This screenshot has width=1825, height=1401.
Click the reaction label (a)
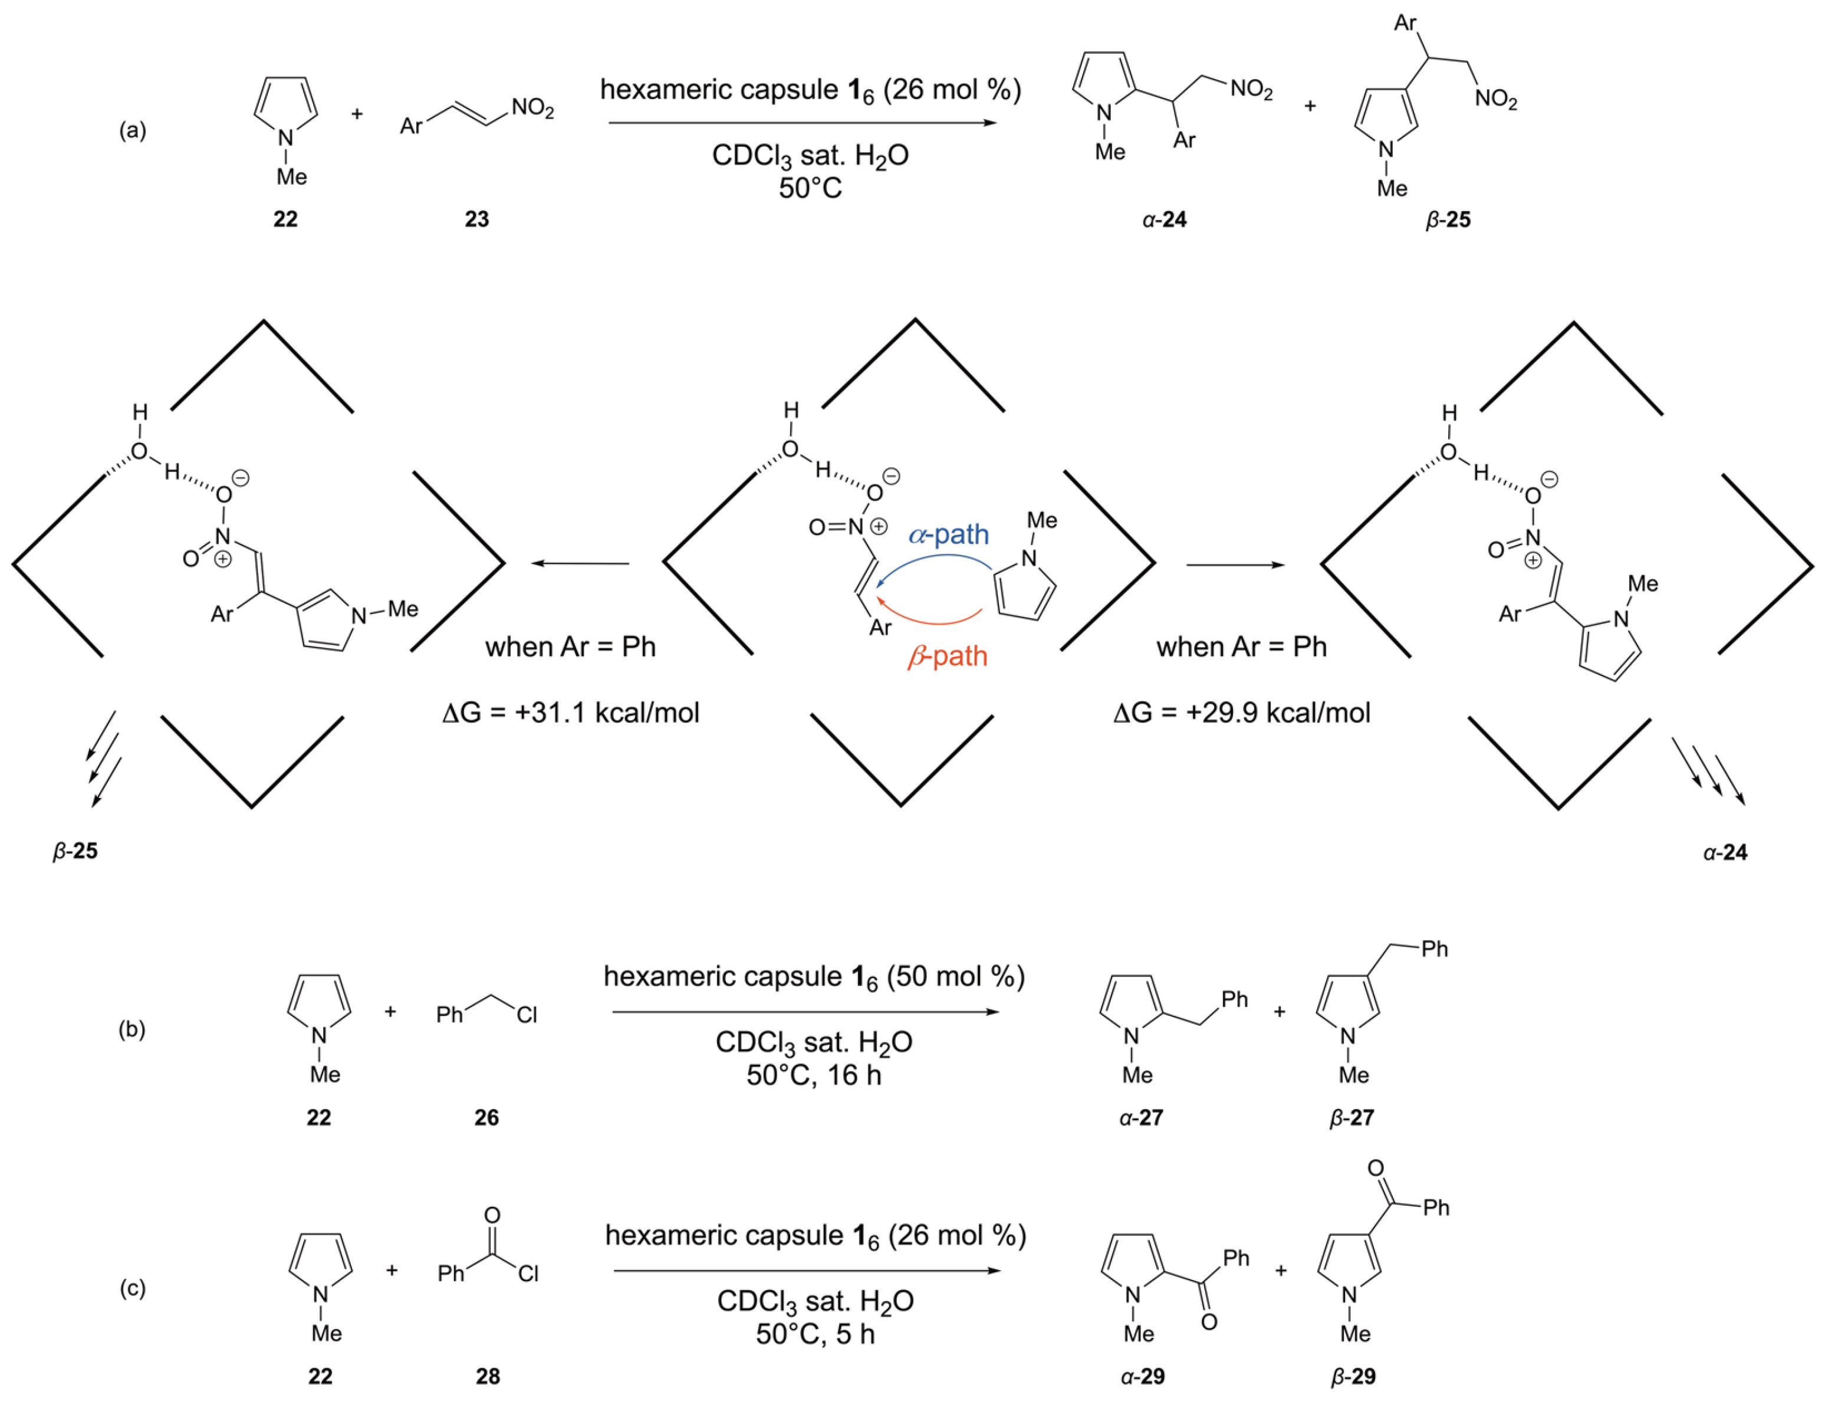[x=133, y=131]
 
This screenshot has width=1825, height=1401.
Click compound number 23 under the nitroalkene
[x=477, y=219]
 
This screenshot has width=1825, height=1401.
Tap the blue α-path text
[x=949, y=534]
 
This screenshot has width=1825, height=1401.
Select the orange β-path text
[x=947, y=657]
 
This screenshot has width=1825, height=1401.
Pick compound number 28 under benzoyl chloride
[x=488, y=1376]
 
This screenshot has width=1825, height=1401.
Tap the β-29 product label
[x=1352, y=1376]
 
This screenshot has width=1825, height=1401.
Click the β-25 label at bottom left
[x=75, y=851]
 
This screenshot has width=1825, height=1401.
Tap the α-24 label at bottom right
[x=1724, y=852]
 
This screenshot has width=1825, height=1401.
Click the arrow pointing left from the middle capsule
[x=581, y=564]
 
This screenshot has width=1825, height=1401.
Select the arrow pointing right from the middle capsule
[x=1235, y=565]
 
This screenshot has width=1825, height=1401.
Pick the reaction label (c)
[x=133, y=1288]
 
